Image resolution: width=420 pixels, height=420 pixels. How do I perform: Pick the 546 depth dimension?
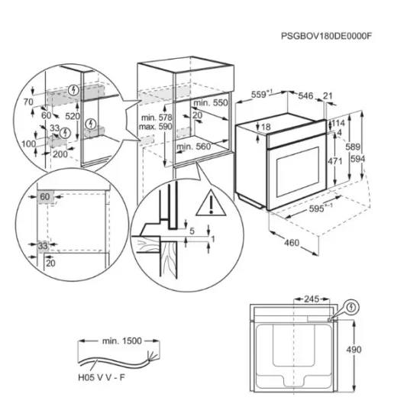(x=306, y=96)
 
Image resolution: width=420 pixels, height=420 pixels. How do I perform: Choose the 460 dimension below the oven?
(x=289, y=243)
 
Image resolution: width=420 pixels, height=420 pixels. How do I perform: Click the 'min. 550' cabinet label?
(x=211, y=102)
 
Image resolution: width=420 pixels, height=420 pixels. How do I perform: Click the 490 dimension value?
(x=373, y=349)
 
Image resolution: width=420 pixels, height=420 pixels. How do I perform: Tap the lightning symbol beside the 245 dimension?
(x=351, y=309)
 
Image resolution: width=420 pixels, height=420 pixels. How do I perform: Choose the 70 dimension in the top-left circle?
(x=30, y=102)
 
